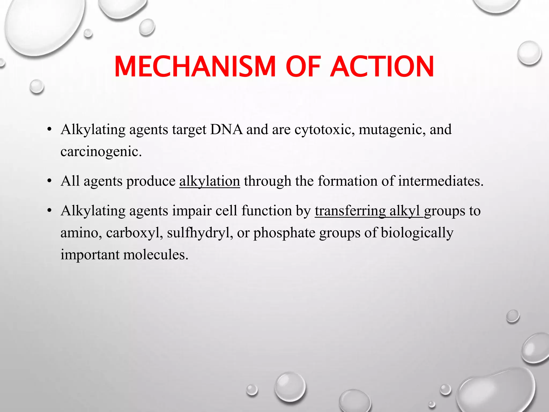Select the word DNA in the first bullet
[x=226, y=130]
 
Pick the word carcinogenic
[x=101, y=152]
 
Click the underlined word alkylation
[x=209, y=181]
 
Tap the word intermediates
[x=441, y=181]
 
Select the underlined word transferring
[x=350, y=211]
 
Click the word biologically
[x=417, y=233]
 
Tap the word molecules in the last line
[x=156, y=255]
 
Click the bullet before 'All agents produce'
[x=49, y=181]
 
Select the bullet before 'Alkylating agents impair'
[x=49, y=211]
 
